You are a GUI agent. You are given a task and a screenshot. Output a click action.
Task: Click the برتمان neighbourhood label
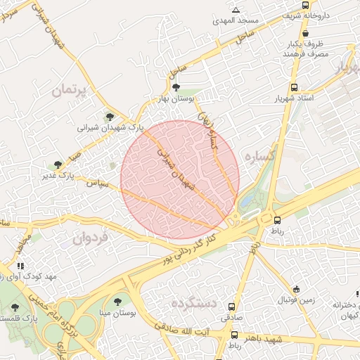pyautogui.click(x=72, y=91)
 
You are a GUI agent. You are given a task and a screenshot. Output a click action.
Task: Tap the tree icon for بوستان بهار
pyautogui.click(x=175, y=86)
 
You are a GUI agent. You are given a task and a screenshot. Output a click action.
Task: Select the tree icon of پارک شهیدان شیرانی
pyautogui.click(x=109, y=117)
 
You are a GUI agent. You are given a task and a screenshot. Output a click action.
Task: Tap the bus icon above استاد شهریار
pyautogui.click(x=295, y=88)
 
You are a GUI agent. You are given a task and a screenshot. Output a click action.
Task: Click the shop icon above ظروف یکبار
pyautogui.click(x=304, y=33)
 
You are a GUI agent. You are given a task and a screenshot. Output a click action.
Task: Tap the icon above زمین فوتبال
pyautogui.click(x=296, y=289)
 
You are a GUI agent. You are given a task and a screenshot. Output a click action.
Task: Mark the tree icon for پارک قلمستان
pyautogui.click(x=15, y=307)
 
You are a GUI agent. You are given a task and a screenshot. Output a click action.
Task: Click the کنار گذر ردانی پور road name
pyautogui.click(x=193, y=246)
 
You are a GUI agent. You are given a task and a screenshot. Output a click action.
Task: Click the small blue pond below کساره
pyautogui.click(x=247, y=202)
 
